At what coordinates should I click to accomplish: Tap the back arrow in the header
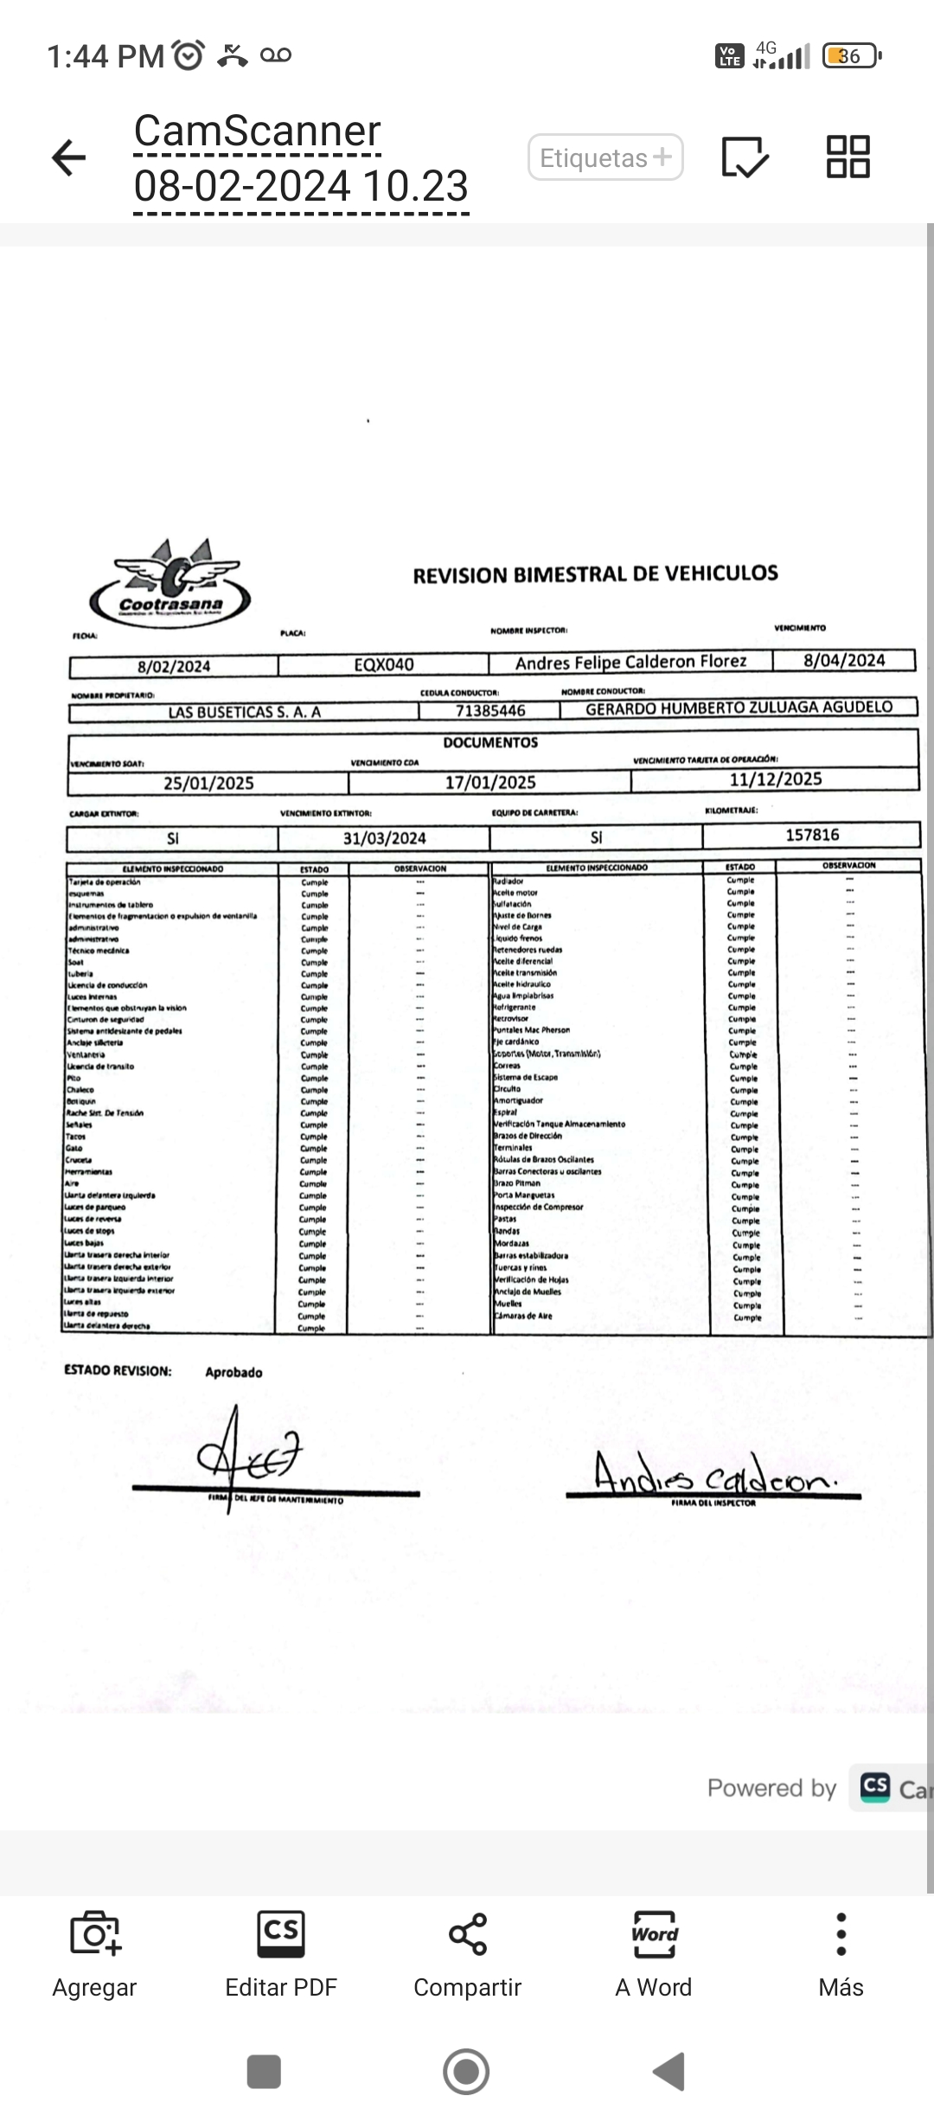(x=68, y=157)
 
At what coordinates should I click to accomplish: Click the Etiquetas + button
(x=605, y=157)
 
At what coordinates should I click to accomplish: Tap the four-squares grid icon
(x=848, y=157)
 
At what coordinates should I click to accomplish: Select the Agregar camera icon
(x=95, y=1934)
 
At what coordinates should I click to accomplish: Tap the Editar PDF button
(x=281, y=1934)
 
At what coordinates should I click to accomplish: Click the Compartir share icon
(x=467, y=1934)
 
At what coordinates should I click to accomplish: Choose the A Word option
(x=654, y=1934)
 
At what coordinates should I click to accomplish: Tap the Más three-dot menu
(x=841, y=1934)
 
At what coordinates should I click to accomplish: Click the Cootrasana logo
(x=170, y=584)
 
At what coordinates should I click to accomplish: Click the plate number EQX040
(x=384, y=664)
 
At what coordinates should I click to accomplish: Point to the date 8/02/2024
(x=174, y=666)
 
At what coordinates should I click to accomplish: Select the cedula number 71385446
(x=490, y=710)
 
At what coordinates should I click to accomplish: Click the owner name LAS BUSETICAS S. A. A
(x=244, y=712)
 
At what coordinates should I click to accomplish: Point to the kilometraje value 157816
(x=812, y=835)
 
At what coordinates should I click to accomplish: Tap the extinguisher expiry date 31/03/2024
(x=384, y=837)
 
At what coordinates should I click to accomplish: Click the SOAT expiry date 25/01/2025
(x=208, y=783)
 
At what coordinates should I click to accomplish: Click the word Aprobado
(x=233, y=1372)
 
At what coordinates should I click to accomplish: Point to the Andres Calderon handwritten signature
(x=714, y=1475)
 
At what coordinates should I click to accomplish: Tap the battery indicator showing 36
(x=851, y=56)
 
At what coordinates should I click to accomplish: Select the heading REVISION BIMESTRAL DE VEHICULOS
(x=595, y=574)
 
